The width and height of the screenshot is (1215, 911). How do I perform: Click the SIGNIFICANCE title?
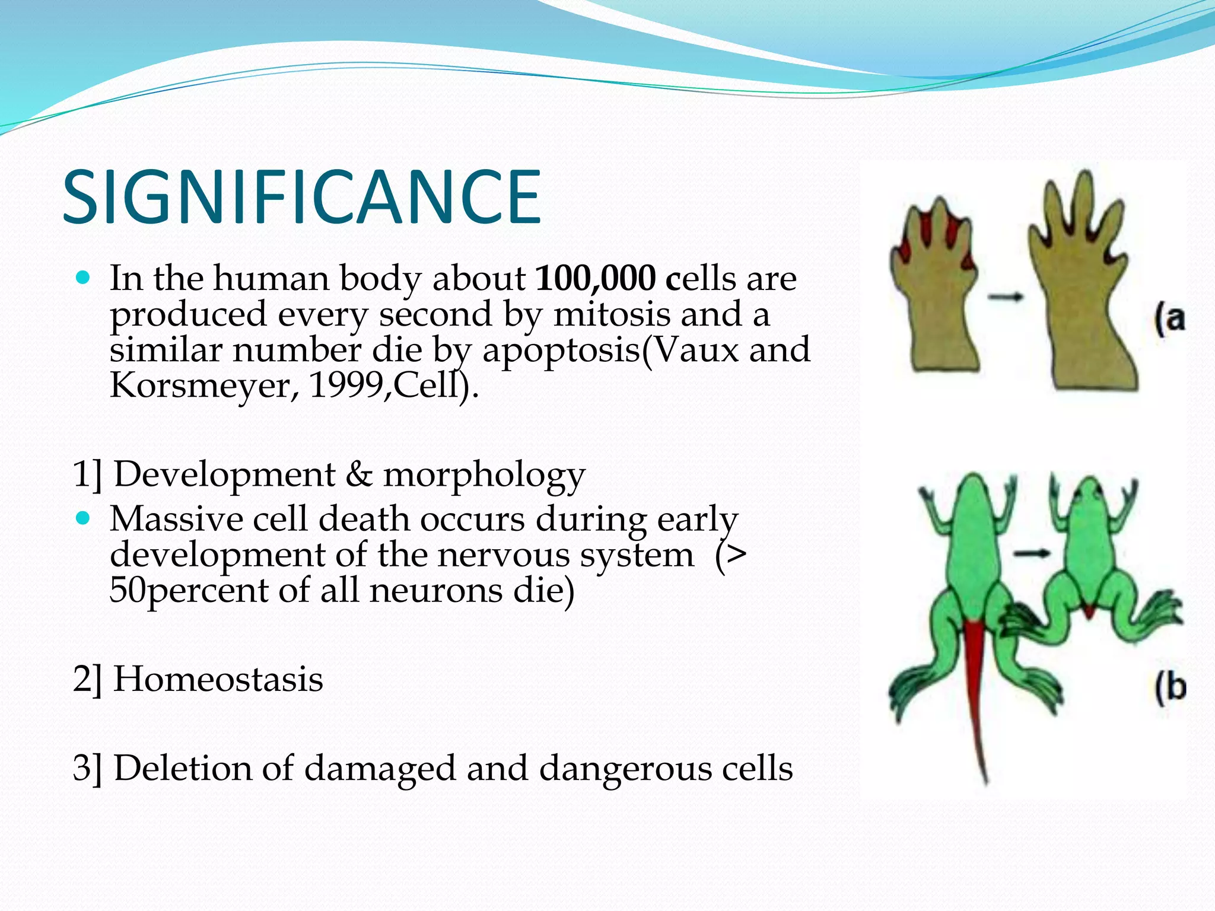[x=301, y=197]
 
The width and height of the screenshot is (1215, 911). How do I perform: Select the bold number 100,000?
[x=595, y=278]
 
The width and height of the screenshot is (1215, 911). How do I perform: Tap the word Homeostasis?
[x=218, y=679]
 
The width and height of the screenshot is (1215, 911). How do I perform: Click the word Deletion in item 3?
[x=183, y=768]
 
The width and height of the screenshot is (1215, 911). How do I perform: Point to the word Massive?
[x=176, y=519]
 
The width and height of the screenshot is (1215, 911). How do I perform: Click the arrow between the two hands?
[x=1006, y=297]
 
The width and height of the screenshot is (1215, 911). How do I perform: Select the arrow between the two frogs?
[x=1031, y=553]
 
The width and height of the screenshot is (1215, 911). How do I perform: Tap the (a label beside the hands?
[x=1169, y=319]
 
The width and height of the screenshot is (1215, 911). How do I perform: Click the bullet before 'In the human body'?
[x=83, y=278]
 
